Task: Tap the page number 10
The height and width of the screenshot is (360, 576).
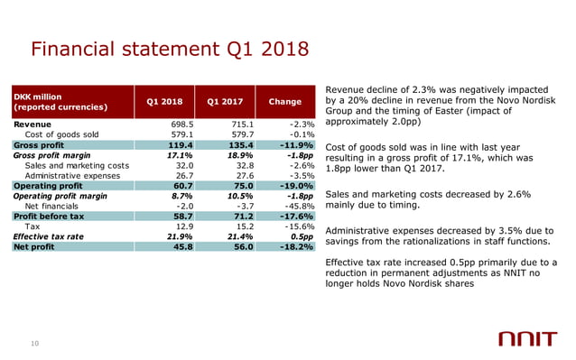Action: [x=35, y=340]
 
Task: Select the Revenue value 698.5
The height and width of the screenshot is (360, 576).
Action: [x=182, y=124]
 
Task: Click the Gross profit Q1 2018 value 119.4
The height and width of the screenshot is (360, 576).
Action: [x=181, y=144]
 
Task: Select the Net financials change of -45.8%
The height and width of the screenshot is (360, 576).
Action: [x=296, y=206]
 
